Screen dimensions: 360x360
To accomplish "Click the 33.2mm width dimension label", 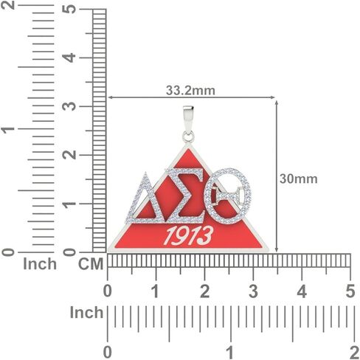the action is [190, 91].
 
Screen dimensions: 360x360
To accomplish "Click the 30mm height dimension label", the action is [299, 179].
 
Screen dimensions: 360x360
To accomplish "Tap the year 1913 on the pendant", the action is [189, 236].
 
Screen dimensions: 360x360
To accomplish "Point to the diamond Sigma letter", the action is [185, 195].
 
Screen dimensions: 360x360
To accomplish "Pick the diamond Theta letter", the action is [228, 196].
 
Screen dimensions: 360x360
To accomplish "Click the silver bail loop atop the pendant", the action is [188, 124].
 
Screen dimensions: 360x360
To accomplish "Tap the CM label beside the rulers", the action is [91, 264].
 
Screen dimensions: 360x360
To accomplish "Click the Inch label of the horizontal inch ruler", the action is [86, 313].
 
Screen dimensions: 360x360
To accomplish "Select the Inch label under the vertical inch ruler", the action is [40, 264].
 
